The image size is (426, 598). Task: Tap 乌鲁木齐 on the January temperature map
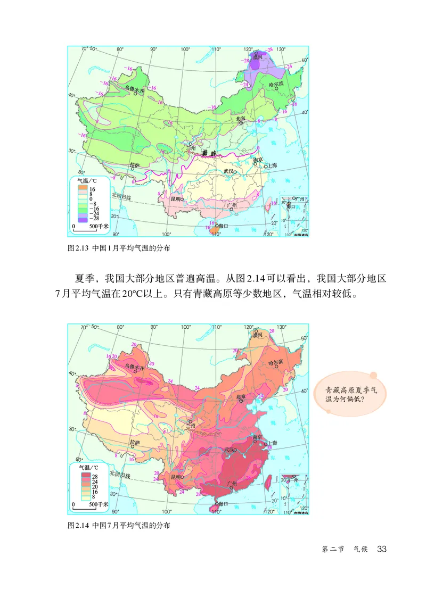point(134,89)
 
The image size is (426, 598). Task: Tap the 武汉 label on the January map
point(230,171)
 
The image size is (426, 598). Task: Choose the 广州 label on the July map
point(232,483)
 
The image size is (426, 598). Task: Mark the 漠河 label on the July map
point(258,335)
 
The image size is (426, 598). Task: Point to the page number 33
point(381,549)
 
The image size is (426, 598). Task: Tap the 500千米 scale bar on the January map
point(91,227)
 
